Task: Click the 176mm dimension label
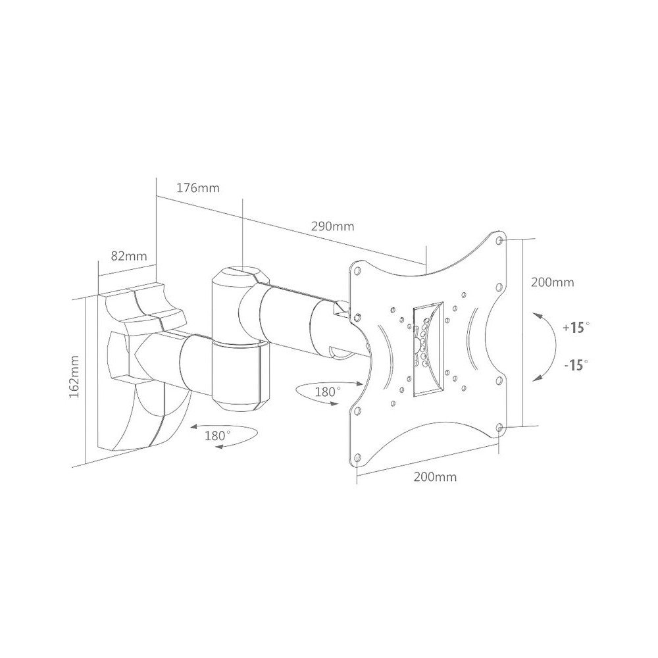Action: [197, 188]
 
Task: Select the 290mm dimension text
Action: [332, 226]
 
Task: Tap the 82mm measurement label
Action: [128, 256]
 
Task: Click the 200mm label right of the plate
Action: [552, 282]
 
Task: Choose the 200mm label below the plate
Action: [435, 477]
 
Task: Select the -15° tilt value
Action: [576, 365]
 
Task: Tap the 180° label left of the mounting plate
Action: [327, 392]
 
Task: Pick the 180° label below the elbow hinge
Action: [218, 436]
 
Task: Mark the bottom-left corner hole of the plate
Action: [359, 455]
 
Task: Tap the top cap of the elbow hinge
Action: [238, 273]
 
